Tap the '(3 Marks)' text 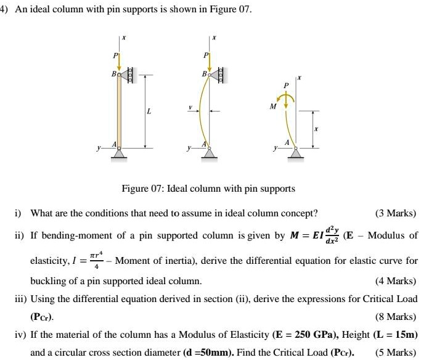(x=395, y=214)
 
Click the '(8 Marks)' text (x=395, y=319)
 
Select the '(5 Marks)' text (x=395, y=354)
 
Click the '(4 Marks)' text (x=395, y=281)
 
